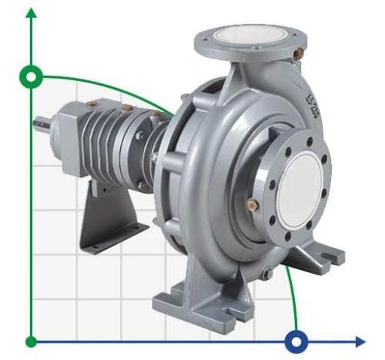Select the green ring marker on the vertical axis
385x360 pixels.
[x=32, y=77]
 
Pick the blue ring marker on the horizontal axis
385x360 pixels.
[x=297, y=342]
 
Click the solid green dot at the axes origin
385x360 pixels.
[x=32, y=342]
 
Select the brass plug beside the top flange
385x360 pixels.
[x=299, y=54]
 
